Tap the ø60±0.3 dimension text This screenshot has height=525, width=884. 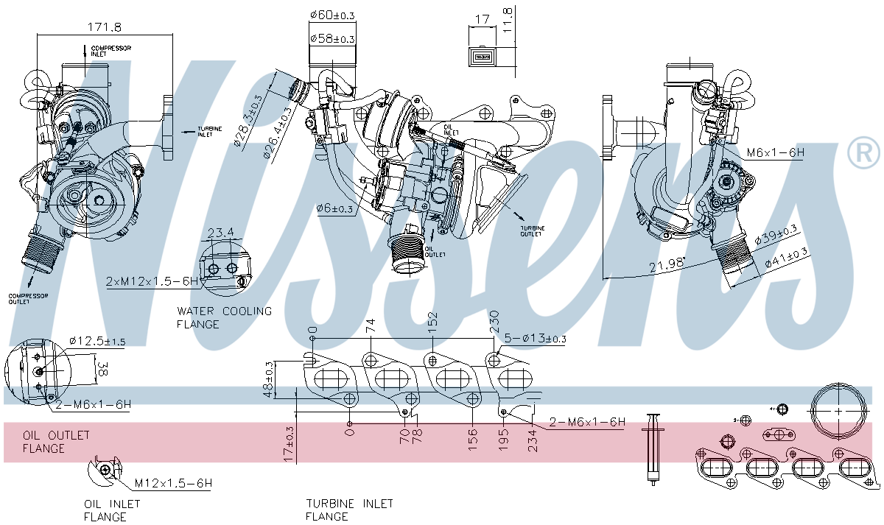[x=332, y=14]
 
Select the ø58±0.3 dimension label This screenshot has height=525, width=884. [x=332, y=38]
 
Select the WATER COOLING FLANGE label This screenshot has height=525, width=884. [x=224, y=317]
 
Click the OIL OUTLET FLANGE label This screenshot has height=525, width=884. [x=56, y=442]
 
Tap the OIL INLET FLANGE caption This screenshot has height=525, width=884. [x=112, y=510]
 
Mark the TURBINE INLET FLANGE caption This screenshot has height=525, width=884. [x=349, y=510]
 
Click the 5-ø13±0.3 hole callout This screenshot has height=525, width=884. [x=536, y=339]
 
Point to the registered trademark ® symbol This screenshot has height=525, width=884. [x=863, y=153]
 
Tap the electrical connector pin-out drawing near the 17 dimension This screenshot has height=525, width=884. [x=483, y=57]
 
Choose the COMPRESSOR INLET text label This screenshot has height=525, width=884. [x=110, y=51]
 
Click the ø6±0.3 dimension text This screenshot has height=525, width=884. [x=335, y=209]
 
